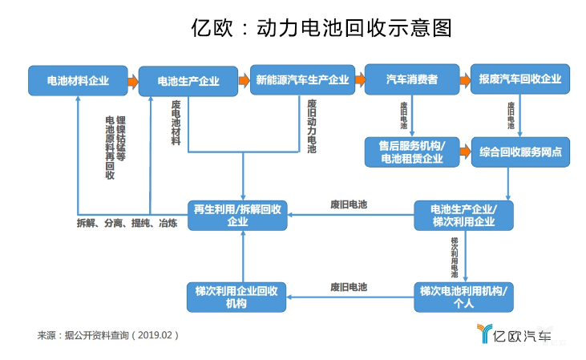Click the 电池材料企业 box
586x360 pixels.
pos(78,80)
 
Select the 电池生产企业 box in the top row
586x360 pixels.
pos(188,80)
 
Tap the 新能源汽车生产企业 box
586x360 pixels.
pos(301,80)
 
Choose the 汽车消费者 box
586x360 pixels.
pos(412,80)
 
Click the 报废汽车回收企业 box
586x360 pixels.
pos(519,80)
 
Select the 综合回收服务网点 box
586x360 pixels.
pos(519,151)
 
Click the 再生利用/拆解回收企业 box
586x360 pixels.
pos(237,214)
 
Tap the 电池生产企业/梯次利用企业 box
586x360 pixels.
pos(463,214)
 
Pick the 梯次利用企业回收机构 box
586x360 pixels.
pos(237,296)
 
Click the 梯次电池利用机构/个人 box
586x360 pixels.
pos(463,296)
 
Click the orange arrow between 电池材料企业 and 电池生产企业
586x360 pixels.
pos(133,80)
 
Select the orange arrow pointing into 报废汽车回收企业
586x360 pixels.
pos(465,80)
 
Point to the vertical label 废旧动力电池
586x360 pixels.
pos(312,126)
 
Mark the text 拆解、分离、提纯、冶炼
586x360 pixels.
pos(127,222)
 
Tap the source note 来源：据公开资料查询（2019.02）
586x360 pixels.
pos(108,334)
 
